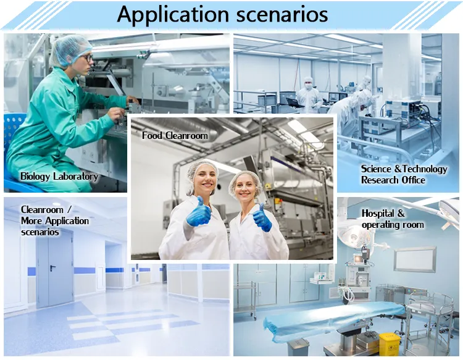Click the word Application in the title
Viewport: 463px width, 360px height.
pyautogui.click(x=173, y=14)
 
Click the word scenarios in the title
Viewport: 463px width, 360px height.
pyautogui.click(x=282, y=14)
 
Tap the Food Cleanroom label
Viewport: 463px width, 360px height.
pyautogui.click(x=175, y=136)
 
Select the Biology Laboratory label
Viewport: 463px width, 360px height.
pyautogui.click(x=59, y=177)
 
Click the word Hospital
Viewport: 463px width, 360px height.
pyautogui.click(x=379, y=213)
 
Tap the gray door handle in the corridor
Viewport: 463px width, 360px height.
pyautogui.click(x=52, y=268)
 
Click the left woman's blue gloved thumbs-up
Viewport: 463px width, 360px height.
pyautogui.click(x=198, y=212)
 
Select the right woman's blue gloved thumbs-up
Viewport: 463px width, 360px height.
pyautogui.click(x=262, y=218)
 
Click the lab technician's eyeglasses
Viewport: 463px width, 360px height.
pyautogui.click(x=86, y=58)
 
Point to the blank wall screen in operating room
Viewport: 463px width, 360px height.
pyautogui.click(x=415, y=259)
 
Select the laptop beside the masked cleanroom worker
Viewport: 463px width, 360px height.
pyautogui.click(x=294, y=103)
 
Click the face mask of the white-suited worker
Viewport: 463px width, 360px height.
pyautogui.click(x=308, y=86)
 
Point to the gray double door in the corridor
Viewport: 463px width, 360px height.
pyautogui.click(x=55, y=268)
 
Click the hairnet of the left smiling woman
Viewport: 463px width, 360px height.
pyautogui.click(x=201, y=170)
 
